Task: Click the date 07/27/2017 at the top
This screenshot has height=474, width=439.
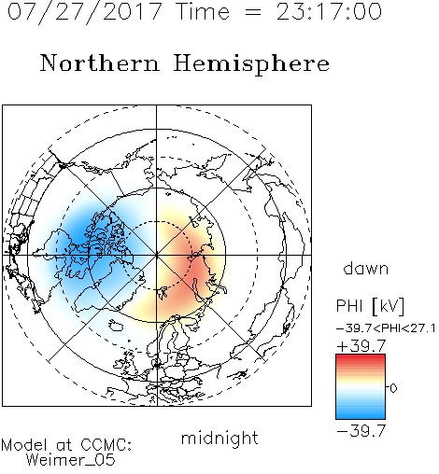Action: (85, 12)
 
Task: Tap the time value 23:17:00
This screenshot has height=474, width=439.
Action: (329, 11)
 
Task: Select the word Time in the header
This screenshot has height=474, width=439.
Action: (203, 11)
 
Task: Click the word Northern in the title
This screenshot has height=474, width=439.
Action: (100, 63)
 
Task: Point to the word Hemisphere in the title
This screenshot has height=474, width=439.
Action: (251, 64)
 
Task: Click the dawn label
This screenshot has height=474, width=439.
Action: (366, 269)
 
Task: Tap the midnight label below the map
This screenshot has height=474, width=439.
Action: (219, 438)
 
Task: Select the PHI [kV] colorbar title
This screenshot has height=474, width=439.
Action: (370, 306)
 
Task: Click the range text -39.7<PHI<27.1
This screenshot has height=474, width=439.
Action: (386, 328)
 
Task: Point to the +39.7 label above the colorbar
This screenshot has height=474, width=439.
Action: (361, 346)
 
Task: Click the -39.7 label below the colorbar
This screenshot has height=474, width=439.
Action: (361, 431)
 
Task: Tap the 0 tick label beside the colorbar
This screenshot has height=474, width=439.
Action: (393, 388)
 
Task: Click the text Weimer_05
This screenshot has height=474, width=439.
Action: (71, 460)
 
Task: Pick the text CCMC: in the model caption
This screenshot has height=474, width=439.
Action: (106, 445)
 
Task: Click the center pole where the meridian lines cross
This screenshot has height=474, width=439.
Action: (157, 255)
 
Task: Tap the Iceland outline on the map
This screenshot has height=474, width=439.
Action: (116, 325)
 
